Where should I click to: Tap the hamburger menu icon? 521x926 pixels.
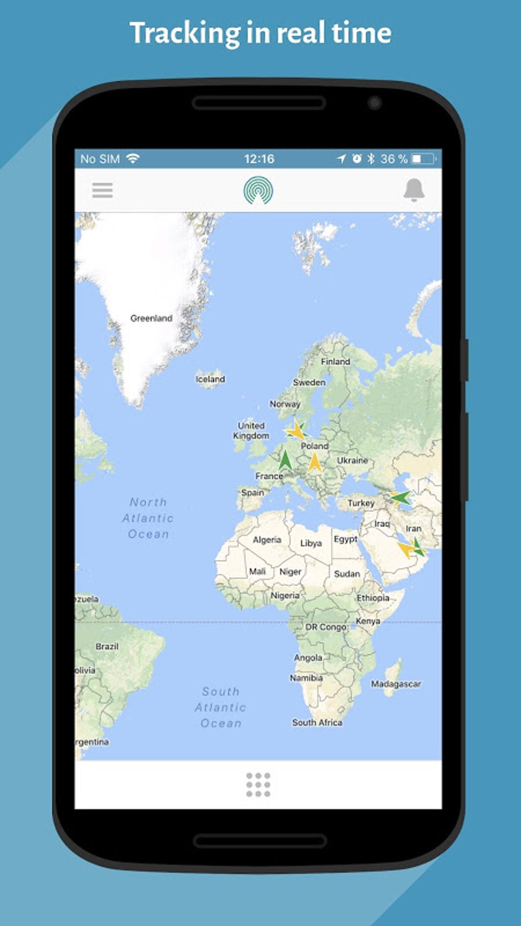[102, 191]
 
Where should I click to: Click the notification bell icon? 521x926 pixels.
[414, 190]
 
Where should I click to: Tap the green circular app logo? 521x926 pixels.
[258, 191]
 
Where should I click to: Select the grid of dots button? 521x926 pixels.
[258, 785]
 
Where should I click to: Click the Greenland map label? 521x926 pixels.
[151, 318]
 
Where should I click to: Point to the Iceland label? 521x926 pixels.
[210, 379]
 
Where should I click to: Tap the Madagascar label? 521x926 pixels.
[396, 684]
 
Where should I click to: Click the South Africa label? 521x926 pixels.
[317, 722]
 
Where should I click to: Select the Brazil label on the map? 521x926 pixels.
[107, 646]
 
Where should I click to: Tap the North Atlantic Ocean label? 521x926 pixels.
[148, 518]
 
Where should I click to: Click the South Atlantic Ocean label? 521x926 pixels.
[221, 707]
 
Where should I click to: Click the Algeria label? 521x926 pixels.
[267, 540]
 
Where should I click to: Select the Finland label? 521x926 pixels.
[335, 362]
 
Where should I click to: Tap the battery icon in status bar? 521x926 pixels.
[424, 159]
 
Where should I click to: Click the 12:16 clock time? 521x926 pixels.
[259, 159]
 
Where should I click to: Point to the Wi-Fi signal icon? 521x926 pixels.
[133, 158]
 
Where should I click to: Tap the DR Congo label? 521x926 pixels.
[326, 627]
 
